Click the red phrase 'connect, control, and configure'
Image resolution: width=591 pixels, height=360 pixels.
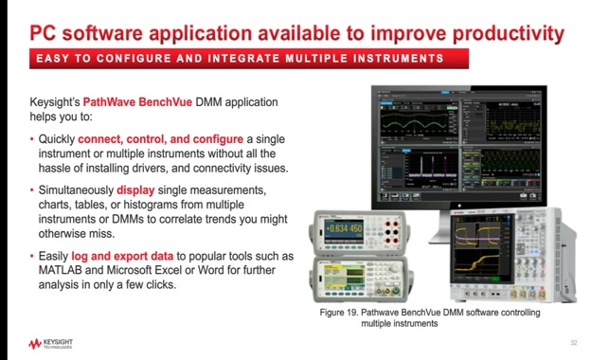tap(154, 138)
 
